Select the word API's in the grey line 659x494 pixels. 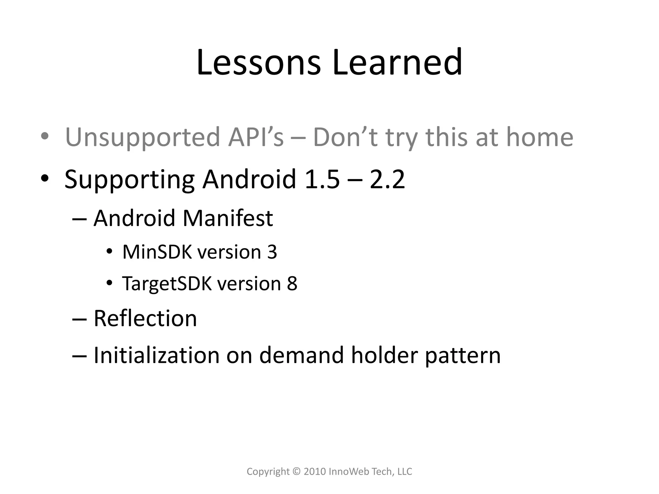(x=256, y=137)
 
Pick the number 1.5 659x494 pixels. (x=322, y=179)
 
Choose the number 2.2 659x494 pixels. (x=387, y=179)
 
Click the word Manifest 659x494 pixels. (x=228, y=218)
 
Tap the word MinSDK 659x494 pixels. (x=157, y=252)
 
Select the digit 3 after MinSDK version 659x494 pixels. (x=272, y=252)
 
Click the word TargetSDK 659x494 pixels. (x=167, y=284)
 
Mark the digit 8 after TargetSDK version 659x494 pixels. (x=292, y=284)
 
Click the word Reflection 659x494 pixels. (x=145, y=318)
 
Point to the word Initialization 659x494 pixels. (x=156, y=355)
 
